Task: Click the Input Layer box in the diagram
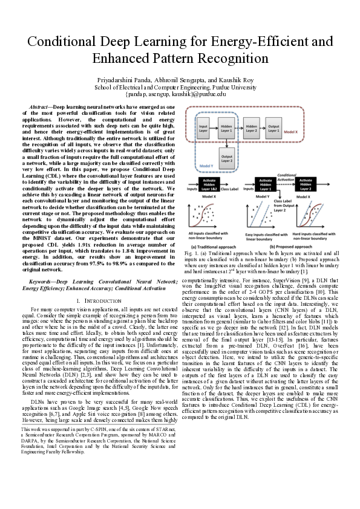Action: point(204,129)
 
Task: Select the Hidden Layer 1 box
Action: point(227,129)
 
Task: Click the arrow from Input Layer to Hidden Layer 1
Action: point(215,129)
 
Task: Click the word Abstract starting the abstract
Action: point(41,105)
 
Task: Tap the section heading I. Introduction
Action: point(97,300)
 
